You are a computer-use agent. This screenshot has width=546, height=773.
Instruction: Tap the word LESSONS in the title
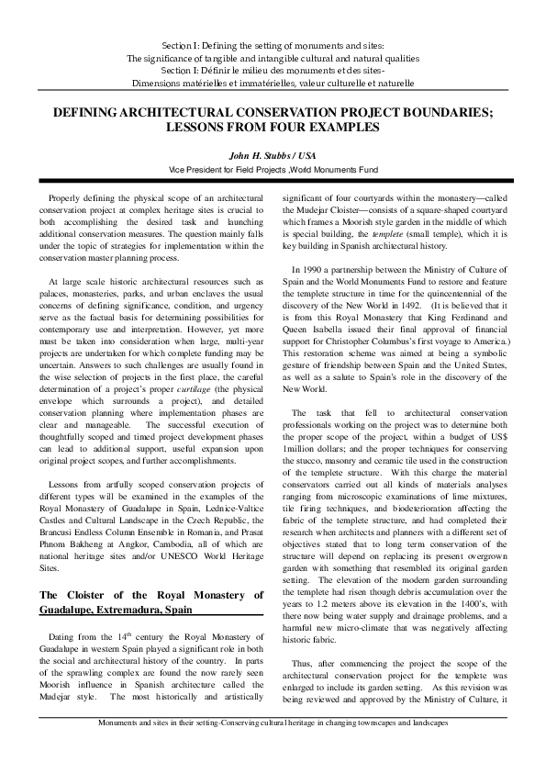(198, 127)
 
